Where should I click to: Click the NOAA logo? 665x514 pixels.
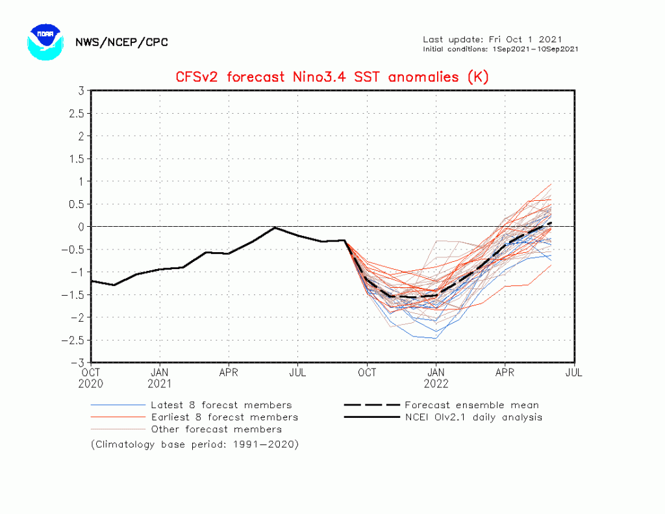45,42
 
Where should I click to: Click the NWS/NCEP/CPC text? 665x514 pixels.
121,42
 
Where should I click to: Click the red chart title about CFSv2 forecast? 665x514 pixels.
332,77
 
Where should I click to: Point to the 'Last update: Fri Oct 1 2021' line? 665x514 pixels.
492,39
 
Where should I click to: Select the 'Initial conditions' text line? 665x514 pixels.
500,49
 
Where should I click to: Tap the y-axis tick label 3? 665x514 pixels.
81,90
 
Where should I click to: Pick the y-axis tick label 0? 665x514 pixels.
81,227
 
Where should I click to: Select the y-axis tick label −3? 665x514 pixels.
78,363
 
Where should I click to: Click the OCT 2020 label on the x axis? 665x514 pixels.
91,378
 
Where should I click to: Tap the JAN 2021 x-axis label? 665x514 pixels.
160,378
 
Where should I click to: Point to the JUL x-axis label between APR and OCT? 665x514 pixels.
297,373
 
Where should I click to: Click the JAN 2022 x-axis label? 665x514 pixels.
436,378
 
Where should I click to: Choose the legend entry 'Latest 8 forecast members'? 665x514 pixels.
221,405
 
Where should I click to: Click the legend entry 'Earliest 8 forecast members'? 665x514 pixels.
224,417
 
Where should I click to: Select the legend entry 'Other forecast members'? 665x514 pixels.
216,430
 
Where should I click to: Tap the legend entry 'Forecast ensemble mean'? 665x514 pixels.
471,405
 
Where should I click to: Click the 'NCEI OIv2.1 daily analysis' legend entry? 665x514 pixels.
473,417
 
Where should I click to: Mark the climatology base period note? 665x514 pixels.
194,444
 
